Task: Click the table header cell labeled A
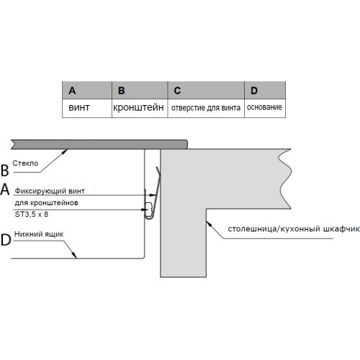coord(87,90)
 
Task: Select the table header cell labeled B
coord(140,90)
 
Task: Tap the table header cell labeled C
coord(206,90)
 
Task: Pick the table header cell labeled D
coord(265,90)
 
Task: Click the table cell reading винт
coord(87,108)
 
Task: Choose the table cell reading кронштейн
coord(140,108)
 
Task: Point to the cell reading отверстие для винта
coord(206,108)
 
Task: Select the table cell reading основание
coord(265,108)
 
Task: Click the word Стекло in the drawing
coord(25,163)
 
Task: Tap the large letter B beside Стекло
coord(5,171)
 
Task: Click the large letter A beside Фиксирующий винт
coord(5,189)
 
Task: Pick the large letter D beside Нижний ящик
coord(6,240)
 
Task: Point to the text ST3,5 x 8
coord(32,214)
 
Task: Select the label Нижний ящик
coord(39,234)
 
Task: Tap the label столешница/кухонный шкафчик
coord(294,229)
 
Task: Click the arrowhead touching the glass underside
coord(65,151)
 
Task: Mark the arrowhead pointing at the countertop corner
coord(209,224)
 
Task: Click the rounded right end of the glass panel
coord(186,145)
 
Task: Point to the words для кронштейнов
coord(46,203)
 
